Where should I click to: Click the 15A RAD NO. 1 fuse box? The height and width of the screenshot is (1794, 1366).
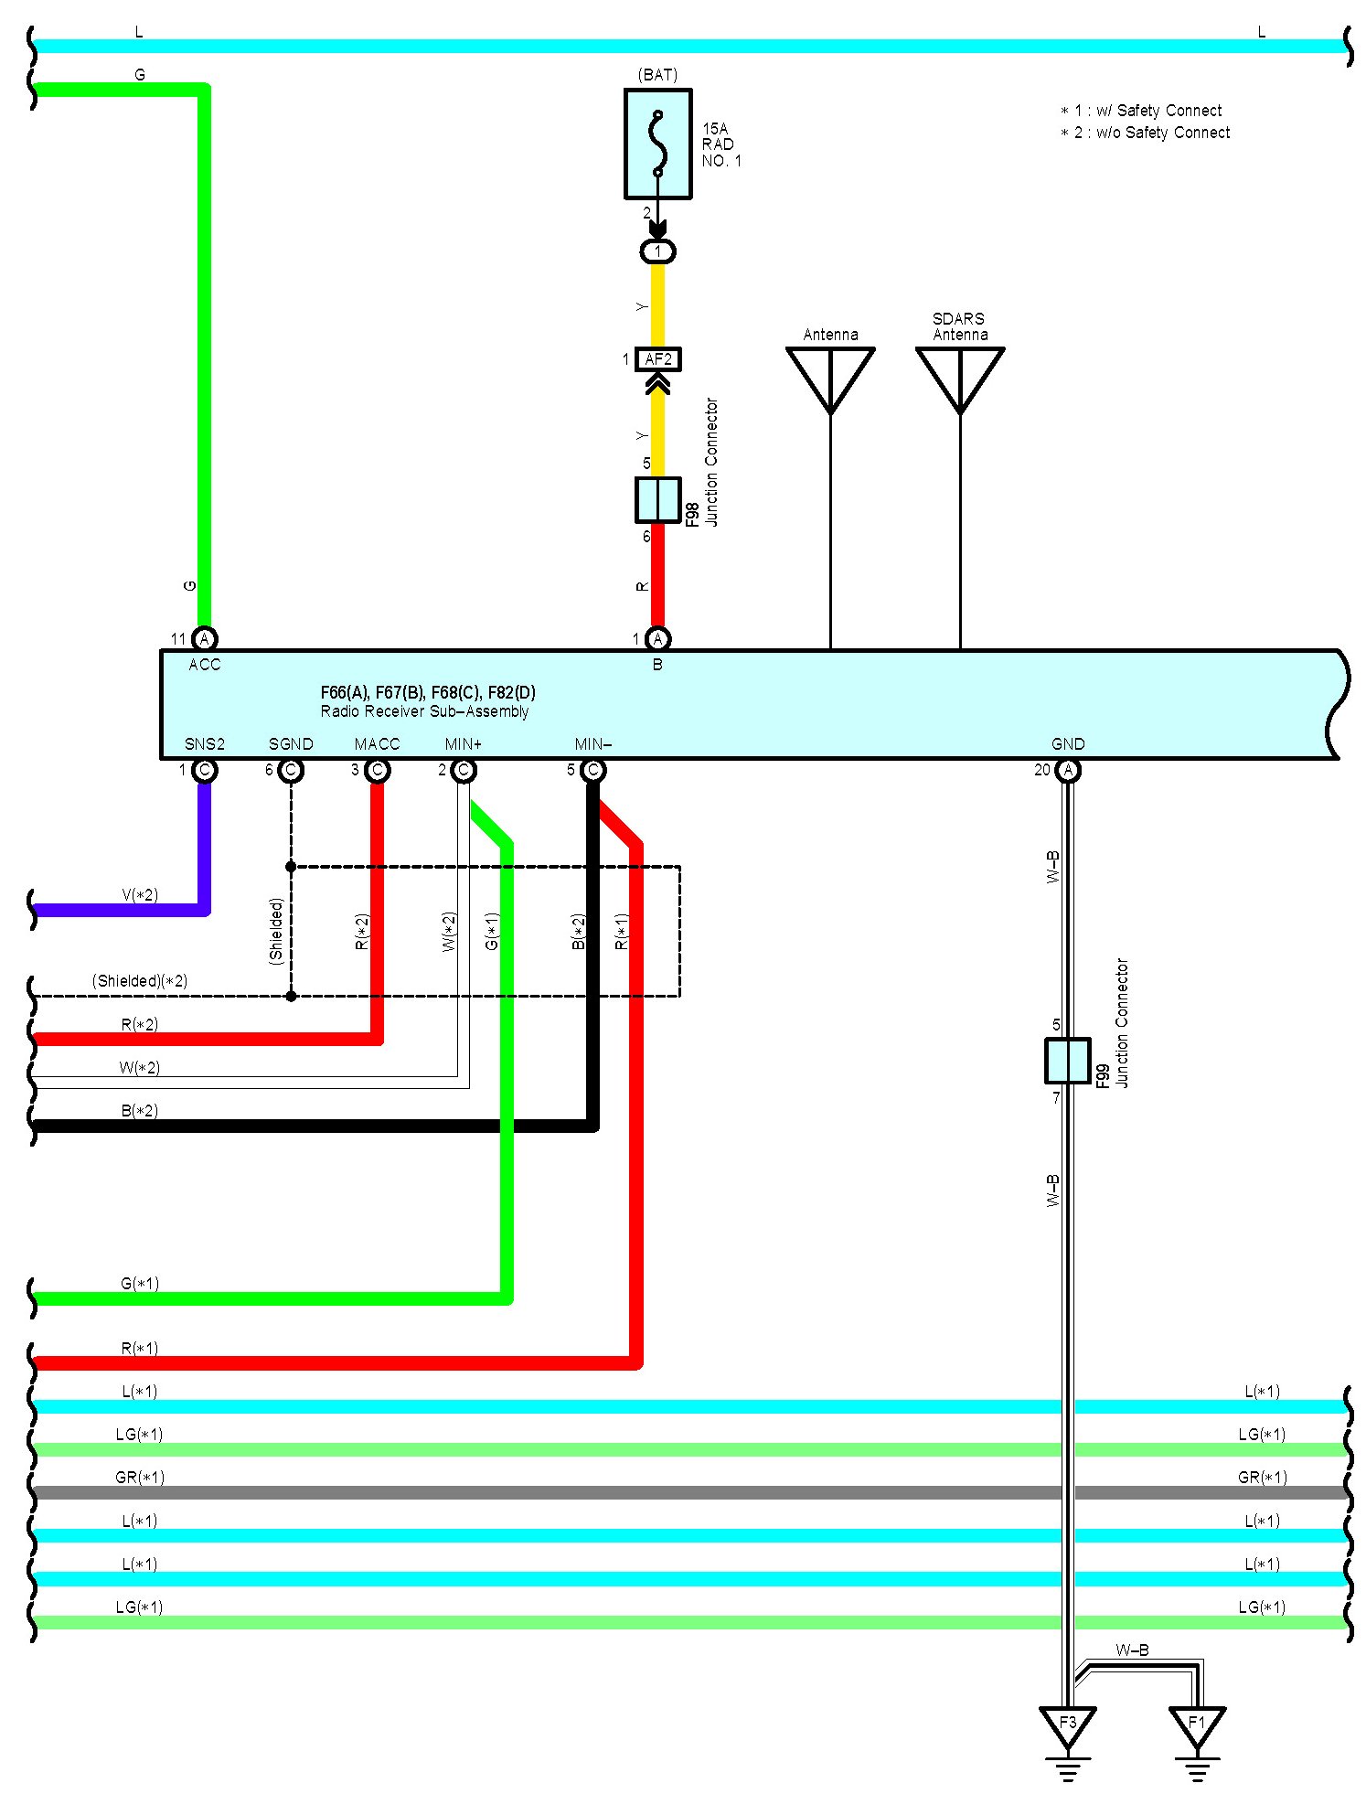(657, 144)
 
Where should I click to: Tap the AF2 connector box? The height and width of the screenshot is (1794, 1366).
(657, 359)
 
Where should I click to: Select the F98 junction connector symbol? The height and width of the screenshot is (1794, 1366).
(657, 499)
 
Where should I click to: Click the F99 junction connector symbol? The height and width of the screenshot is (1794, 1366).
(1067, 1061)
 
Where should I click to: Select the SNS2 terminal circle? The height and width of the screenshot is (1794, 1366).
(205, 771)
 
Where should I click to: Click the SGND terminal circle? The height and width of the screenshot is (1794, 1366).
(291, 771)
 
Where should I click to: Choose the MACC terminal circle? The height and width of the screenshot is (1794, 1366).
(377, 771)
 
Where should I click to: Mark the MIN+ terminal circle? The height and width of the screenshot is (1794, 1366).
(464, 771)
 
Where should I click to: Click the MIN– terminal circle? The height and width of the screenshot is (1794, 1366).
(593, 771)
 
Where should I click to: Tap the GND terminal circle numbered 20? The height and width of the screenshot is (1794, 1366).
(1068, 771)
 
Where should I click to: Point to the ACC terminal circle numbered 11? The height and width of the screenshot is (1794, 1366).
(205, 639)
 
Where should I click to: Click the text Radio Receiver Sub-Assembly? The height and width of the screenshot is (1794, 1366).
(424, 711)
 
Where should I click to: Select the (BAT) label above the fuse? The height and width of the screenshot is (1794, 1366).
(658, 75)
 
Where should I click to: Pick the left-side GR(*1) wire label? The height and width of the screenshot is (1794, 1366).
(139, 1478)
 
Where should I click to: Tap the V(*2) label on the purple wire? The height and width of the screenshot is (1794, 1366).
(140, 894)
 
